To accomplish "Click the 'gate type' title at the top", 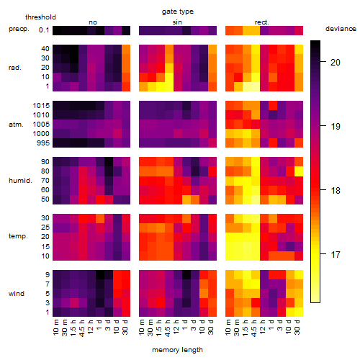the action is point(178,12).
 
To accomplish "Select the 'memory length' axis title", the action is point(177,350).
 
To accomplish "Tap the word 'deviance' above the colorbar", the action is point(341,29).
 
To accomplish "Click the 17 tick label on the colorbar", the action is point(336,254).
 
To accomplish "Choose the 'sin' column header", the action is point(177,22).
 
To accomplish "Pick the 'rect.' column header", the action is point(261,22).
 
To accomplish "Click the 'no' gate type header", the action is point(93,22).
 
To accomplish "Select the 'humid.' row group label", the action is point(20,181).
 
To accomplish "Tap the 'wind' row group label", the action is point(17,294).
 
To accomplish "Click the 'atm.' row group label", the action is point(16,125).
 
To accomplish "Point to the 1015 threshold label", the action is point(41,105).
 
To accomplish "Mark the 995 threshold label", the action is point(43,143).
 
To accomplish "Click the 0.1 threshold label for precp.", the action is point(44,30).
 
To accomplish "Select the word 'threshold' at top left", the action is point(40,17).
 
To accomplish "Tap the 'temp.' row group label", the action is point(18,236).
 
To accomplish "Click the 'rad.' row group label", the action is point(15,68).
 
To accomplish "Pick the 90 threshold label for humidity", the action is point(45,162).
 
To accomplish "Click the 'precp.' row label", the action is point(19,29).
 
